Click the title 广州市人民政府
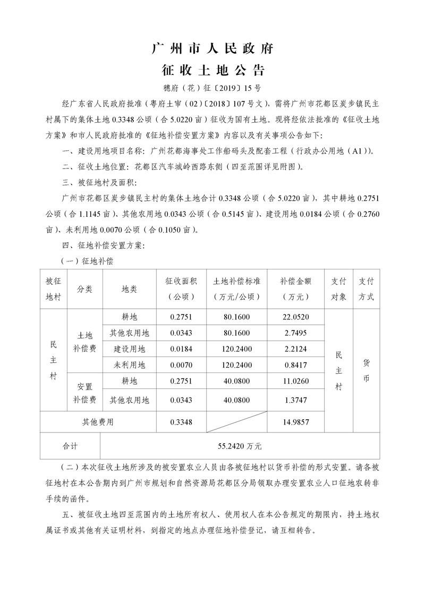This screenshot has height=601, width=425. coord(212,49)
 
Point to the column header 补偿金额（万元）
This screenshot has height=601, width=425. coord(295,289)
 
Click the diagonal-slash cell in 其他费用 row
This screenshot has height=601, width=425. coord(236,422)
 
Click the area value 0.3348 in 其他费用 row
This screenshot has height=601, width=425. coord(181,422)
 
